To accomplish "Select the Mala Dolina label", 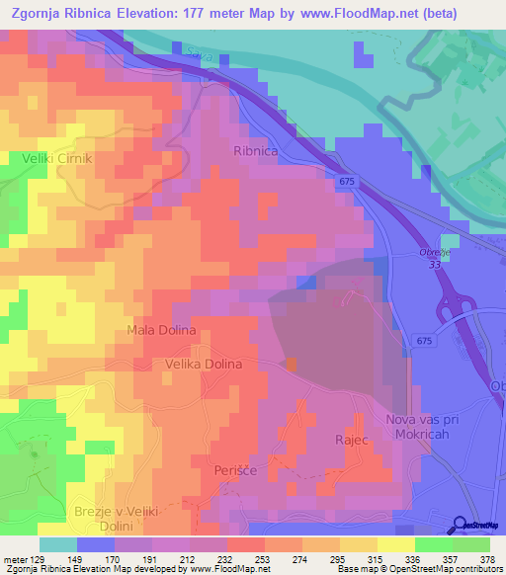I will tap(162, 329).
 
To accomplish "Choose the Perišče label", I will tap(236, 472).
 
